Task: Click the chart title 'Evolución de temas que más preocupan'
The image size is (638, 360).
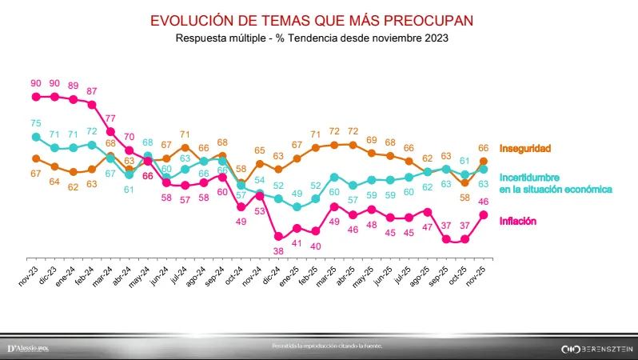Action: click(318, 20)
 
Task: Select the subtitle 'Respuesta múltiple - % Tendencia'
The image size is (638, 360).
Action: click(318, 38)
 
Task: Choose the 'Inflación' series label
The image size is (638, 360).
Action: click(517, 221)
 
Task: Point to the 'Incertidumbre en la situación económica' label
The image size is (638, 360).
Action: click(555, 183)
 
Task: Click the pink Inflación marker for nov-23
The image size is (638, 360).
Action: click(35, 97)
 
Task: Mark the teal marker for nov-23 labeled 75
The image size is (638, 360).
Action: click(35, 137)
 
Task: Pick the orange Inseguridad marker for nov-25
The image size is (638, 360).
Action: click(483, 162)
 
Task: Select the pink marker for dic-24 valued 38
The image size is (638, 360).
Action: click(278, 237)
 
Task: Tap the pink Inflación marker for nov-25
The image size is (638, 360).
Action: click(483, 214)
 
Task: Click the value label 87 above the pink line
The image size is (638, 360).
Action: click(93, 91)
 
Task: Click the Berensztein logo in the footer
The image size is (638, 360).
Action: click(596, 349)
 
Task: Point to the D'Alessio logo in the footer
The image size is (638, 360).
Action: click(28, 349)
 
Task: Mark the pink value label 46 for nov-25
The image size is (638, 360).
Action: click(483, 202)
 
